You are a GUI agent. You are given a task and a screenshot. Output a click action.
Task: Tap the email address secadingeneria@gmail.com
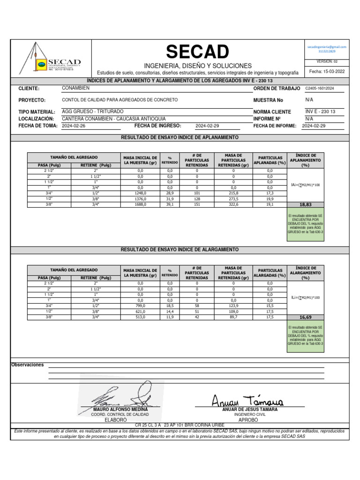(327, 47)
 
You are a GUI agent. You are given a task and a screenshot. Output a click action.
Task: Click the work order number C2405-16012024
(320, 88)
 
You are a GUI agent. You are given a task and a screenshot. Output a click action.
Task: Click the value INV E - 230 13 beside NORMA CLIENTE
(320, 112)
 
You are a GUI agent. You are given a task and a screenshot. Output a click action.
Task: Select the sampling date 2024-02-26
(73, 126)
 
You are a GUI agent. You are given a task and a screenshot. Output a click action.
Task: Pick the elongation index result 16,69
(305, 317)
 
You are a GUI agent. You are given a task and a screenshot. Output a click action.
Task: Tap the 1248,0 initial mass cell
(140, 193)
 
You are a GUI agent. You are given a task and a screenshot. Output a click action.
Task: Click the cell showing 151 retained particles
(197, 204)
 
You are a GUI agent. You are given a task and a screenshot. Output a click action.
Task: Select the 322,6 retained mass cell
(233, 204)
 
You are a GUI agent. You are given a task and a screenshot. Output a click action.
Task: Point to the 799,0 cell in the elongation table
(140, 305)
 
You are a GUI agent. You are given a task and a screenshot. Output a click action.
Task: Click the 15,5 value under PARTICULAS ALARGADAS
(270, 305)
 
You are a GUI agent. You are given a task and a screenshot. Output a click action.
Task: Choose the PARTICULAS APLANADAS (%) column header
(270, 160)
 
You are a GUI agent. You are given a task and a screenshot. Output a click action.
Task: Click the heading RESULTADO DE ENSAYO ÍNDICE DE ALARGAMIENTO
(180, 249)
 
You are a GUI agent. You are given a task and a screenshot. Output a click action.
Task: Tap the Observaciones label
(28, 365)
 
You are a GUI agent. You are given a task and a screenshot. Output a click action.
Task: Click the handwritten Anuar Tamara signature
(247, 399)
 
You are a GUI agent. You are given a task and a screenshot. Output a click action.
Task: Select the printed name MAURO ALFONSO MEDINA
(120, 410)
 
